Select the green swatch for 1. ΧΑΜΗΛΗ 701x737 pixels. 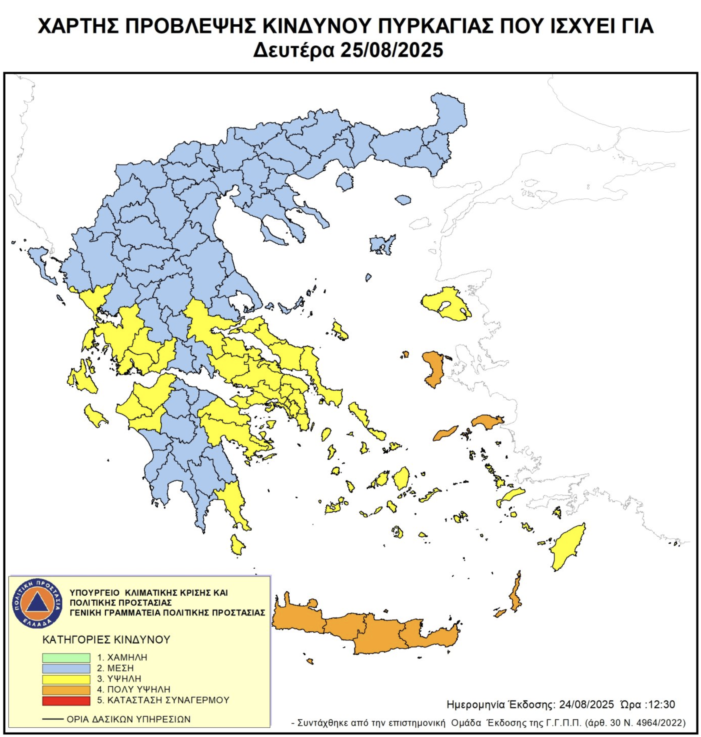coord(66,658)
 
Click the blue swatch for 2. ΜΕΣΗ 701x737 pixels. coord(66,668)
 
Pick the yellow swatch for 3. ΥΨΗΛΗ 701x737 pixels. coord(66,679)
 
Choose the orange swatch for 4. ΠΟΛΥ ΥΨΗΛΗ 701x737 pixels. coord(66,690)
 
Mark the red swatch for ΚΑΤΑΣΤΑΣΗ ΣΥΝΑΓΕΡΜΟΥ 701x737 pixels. coord(66,700)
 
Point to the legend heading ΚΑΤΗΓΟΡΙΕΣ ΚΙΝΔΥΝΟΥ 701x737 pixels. coord(106,640)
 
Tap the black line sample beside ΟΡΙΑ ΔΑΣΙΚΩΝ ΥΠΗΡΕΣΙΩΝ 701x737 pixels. coord(53,719)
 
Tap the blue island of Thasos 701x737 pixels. coord(344,181)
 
